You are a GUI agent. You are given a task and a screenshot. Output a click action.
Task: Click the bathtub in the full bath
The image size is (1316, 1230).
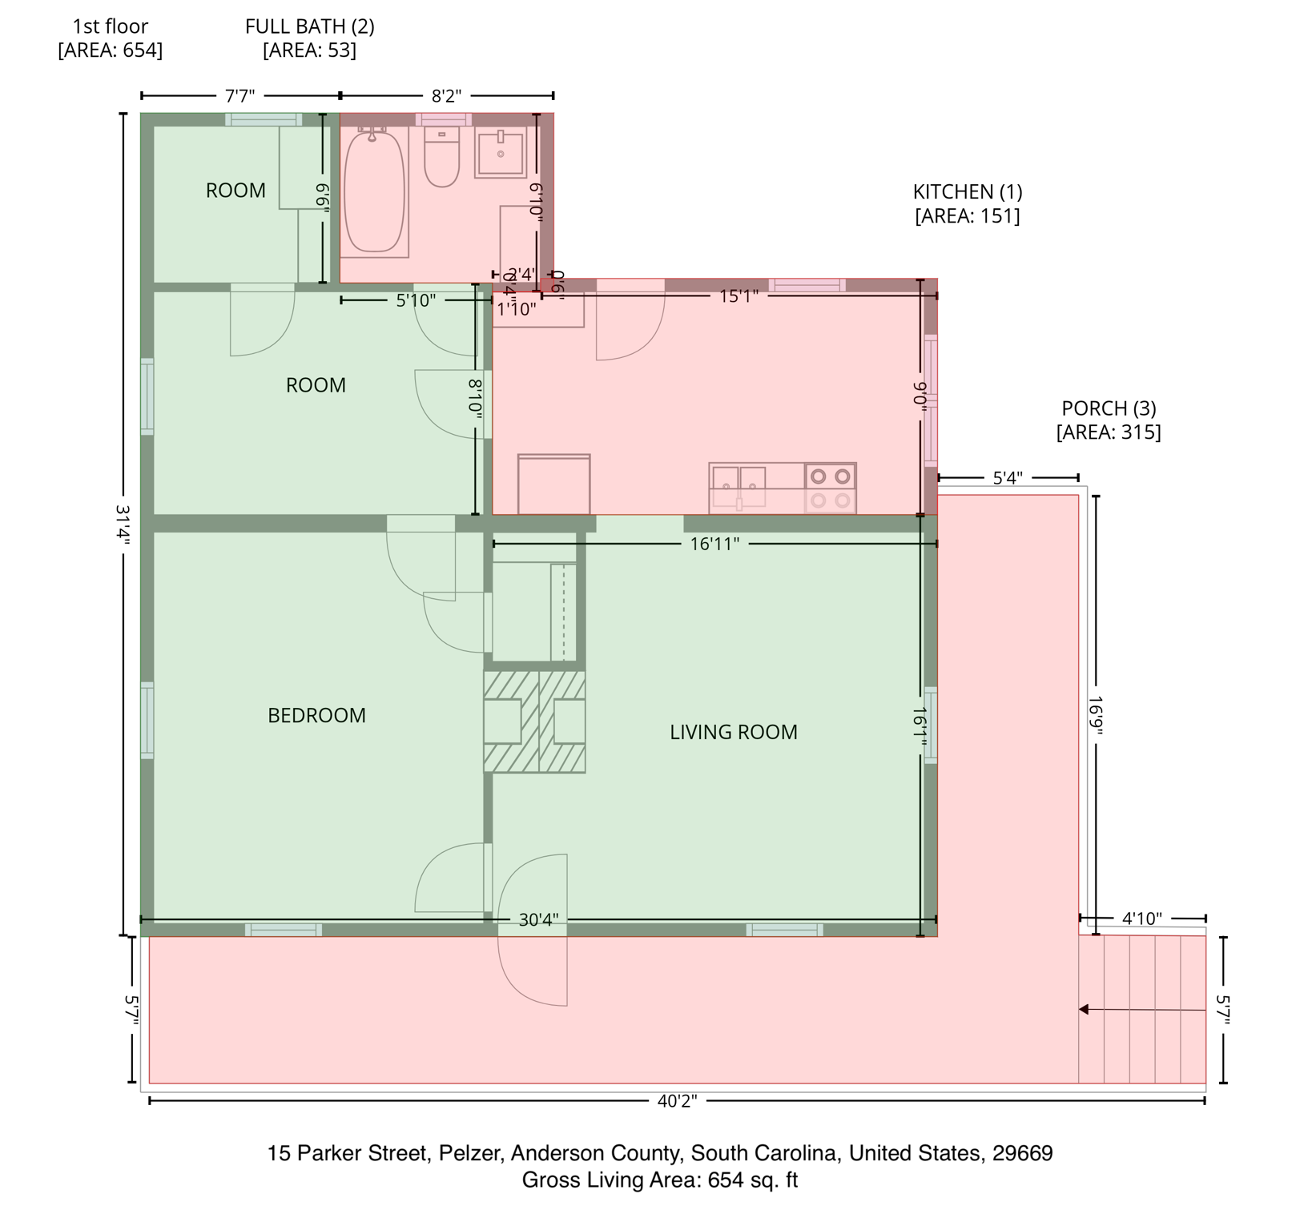point(373,192)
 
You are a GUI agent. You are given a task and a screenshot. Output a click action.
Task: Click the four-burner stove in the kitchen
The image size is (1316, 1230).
point(831,488)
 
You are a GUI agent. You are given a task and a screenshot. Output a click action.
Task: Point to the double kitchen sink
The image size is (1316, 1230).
point(739,487)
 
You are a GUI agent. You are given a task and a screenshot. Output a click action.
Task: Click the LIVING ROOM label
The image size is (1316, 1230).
point(733,732)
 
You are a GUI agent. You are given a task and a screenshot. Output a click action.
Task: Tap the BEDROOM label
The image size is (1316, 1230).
point(316,715)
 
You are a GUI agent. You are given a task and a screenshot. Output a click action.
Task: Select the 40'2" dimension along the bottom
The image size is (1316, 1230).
point(677,1101)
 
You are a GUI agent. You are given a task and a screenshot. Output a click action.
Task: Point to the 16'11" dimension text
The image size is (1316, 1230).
point(714,545)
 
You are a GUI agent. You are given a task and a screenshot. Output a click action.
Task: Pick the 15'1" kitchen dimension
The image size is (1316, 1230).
point(738,296)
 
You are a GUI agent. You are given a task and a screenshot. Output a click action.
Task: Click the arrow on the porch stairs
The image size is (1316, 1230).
point(1085,1010)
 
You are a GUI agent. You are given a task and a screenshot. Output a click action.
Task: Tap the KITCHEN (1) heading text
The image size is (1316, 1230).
point(968,192)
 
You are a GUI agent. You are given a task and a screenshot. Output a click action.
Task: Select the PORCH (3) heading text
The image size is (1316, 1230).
point(1109,408)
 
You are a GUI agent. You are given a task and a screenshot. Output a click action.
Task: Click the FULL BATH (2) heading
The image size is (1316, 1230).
point(309,26)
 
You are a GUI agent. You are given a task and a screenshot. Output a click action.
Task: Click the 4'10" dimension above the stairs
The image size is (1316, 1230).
point(1141,918)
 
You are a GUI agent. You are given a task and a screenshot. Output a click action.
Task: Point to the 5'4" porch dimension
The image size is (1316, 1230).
point(1008,478)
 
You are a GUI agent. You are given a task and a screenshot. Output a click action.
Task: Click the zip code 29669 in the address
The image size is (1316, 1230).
point(1022,1153)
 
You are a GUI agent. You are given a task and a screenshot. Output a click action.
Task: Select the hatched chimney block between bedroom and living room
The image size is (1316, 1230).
point(534,722)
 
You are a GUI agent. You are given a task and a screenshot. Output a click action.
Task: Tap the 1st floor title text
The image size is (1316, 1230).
point(111,26)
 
